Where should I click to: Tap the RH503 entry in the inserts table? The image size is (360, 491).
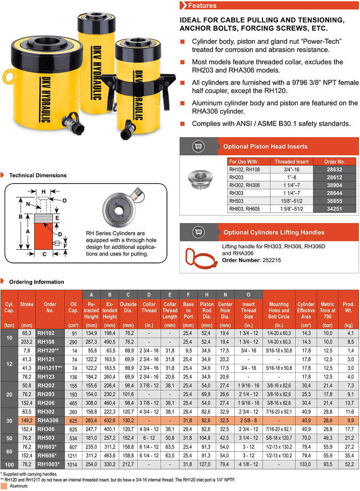(x=236, y=200)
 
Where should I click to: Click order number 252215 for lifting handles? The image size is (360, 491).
(x=275, y=260)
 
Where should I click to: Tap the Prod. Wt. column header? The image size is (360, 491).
(x=348, y=307)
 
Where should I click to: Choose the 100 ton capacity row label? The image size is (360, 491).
(x=9, y=463)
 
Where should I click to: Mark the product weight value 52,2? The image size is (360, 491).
(x=348, y=463)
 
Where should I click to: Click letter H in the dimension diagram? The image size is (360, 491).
(x=44, y=192)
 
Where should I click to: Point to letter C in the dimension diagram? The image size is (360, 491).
(x=44, y=254)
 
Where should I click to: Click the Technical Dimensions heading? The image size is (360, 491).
(x=38, y=175)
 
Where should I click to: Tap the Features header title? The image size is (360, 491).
(x=202, y=6)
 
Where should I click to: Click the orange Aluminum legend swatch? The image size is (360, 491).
(x=4, y=486)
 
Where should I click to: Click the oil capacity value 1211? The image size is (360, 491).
(x=72, y=456)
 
